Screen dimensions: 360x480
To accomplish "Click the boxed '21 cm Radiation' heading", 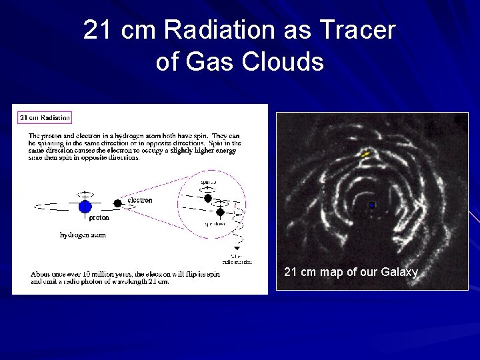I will [x=44, y=118].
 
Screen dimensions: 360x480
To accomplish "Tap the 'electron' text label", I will [x=139, y=200].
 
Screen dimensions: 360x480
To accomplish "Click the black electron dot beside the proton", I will [x=117, y=201].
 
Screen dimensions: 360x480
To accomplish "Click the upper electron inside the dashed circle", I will [x=208, y=198].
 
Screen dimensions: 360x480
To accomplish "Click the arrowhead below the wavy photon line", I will [x=235, y=248].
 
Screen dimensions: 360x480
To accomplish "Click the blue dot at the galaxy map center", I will [x=371, y=205].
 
